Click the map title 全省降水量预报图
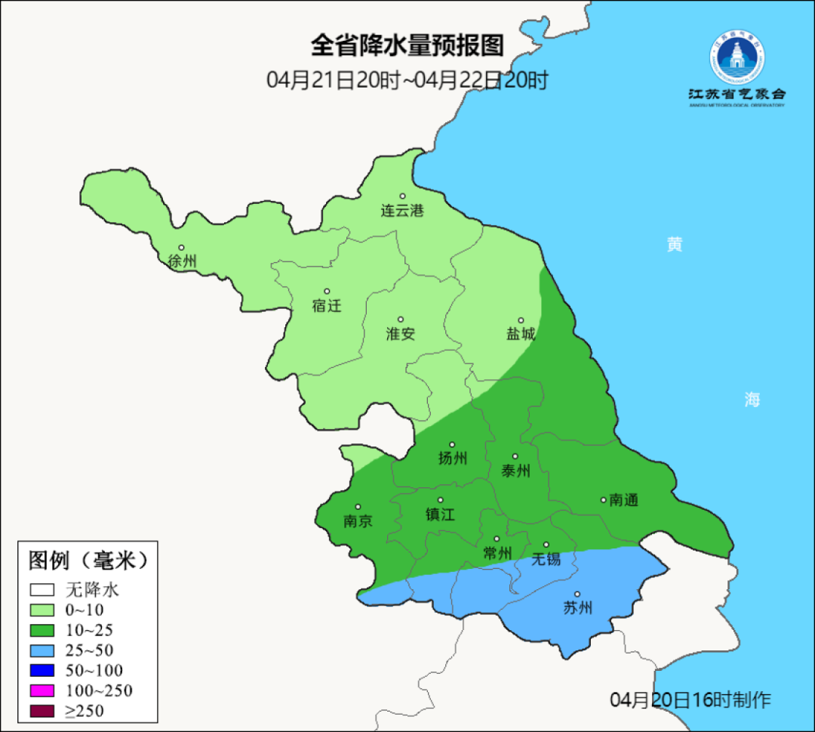click(407, 45)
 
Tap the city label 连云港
click(402, 212)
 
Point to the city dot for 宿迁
click(327, 291)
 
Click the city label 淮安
click(401, 334)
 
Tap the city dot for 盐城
click(520, 320)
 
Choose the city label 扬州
click(453, 459)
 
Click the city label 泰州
click(516, 471)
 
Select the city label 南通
click(624, 500)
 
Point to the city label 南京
click(358, 521)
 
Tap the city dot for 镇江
click(441, 500)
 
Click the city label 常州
click(497, 553)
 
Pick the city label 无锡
click(546, 559)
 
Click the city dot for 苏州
click(577, 595)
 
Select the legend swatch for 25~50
click(42, 650)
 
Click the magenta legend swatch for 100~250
click(42, 690)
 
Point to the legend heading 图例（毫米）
click(88, 561)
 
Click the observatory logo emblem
click(736, 56)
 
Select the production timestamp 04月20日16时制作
click(690, 700)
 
